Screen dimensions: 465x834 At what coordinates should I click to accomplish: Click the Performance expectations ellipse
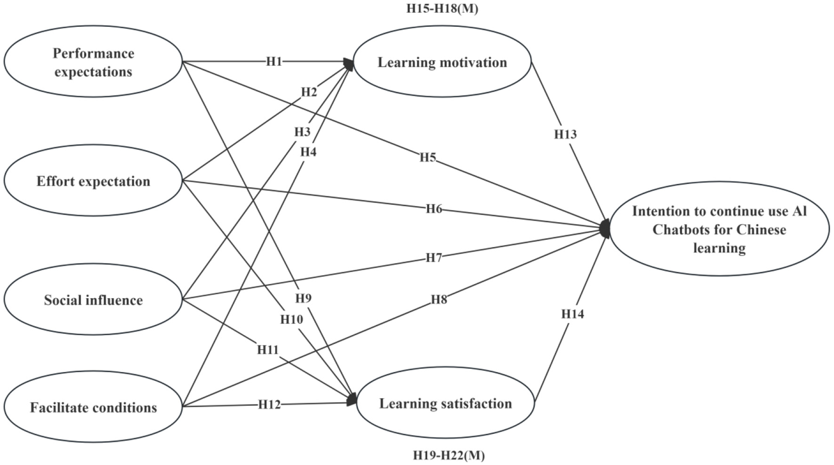click(x=93, y=63)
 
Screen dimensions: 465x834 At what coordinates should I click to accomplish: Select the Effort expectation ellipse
click(x=93, y=181)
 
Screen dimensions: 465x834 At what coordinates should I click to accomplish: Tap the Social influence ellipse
click(x=93, y=300)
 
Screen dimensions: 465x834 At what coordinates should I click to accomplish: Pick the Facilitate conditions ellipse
click(x=93, y=407)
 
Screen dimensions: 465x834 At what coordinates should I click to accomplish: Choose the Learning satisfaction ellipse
click(x=445, y=403)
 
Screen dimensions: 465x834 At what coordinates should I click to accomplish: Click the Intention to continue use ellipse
click(x=719, y=229)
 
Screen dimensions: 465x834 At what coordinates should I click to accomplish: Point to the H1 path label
click(x=274, y=62)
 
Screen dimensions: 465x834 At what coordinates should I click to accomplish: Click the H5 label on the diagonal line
click(x=428, y=157)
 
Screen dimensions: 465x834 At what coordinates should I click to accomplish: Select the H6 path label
click(x=434, y=208)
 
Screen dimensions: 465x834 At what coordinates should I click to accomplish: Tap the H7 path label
click(x=433, y=257)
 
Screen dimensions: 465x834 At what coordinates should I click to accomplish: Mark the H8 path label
click(x=439, y=299)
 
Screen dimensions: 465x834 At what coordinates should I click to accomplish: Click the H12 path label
click(x=269, y=404)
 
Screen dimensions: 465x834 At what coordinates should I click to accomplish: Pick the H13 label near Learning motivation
click(x=565, y=134)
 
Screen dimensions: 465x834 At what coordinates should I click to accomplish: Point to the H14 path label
click(x=572, y=314)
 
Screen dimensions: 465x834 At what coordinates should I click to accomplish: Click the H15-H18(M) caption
click(x=442, y=8)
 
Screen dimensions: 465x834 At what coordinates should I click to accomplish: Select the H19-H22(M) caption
click(x=449, y=455)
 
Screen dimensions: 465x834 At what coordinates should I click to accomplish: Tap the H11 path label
click(x=268, y=350)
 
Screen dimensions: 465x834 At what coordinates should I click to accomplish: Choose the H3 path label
click(x=302, y=132)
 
